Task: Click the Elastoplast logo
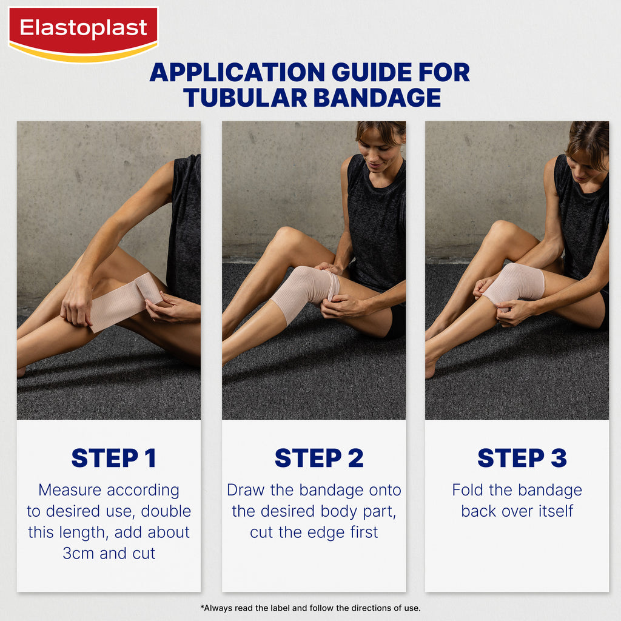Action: [x=83, y=35]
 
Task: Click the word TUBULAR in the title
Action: [x=245, y=98]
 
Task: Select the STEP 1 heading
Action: [x=113, y=458]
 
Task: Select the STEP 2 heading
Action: [x=319, y=458]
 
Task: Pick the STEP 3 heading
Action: [x=522, y=458]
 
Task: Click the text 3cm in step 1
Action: [x=78, y=553]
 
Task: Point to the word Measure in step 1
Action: [x=70, y=490]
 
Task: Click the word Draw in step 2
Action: [x=246, y=490]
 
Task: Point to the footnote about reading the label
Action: [x=310, y=608]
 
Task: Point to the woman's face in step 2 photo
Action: [x=381, y=151]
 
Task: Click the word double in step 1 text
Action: [x=166, y=511]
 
